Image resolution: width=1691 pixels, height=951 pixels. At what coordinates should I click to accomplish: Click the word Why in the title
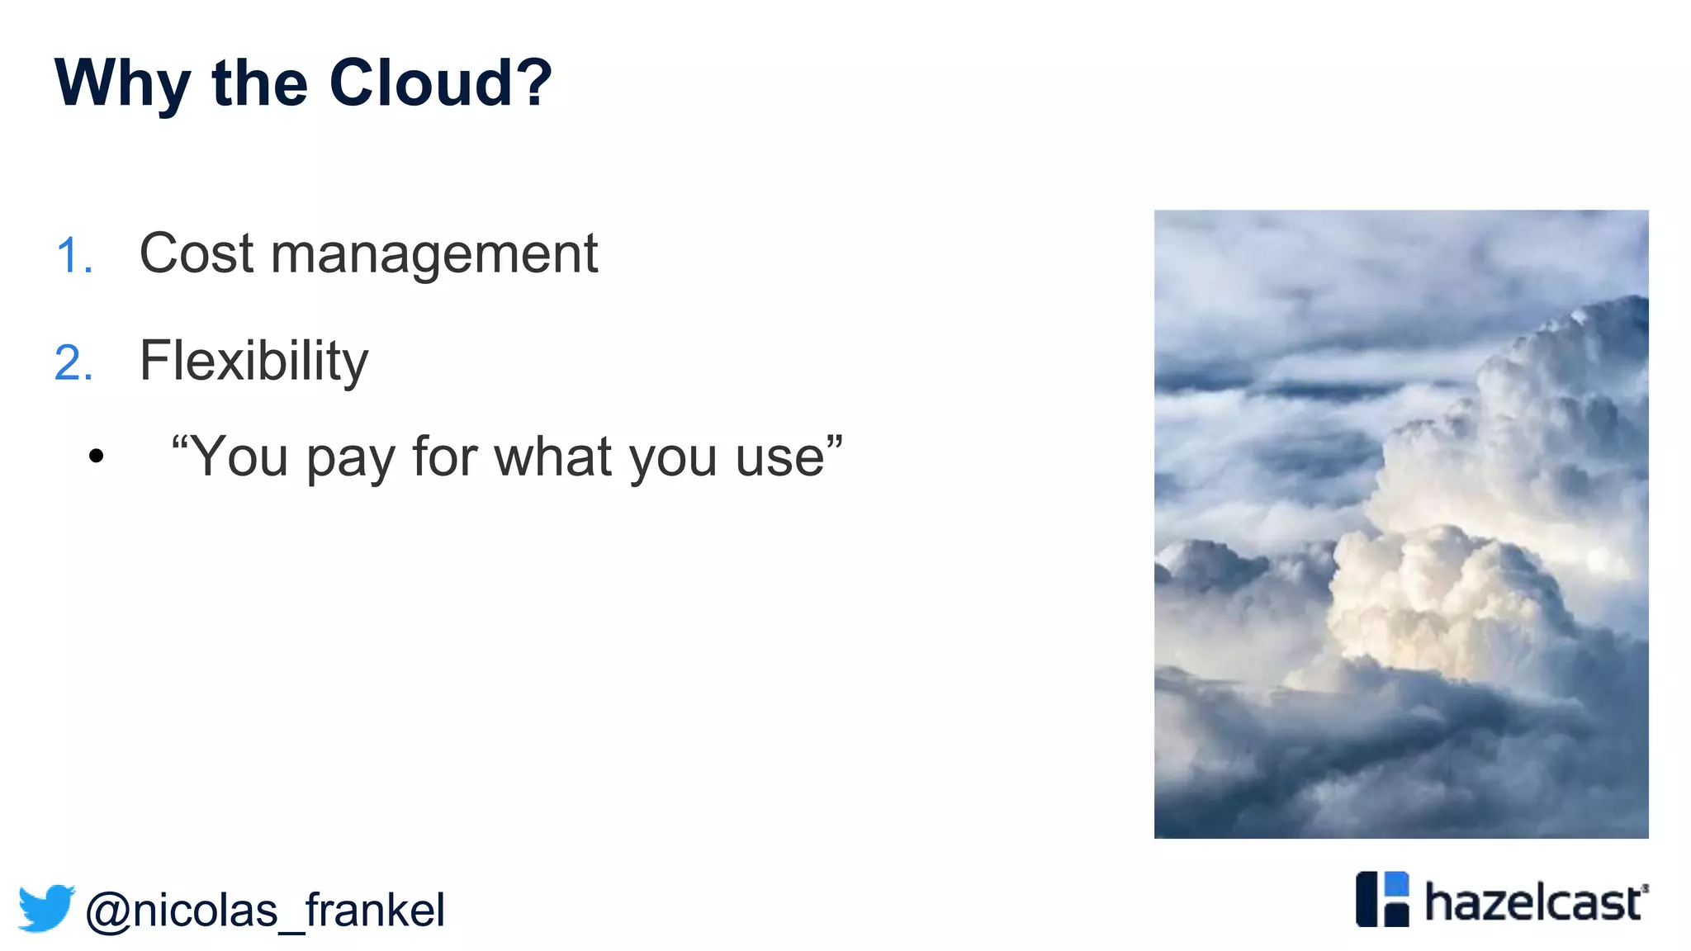pyautogui.click(x=122, y=84)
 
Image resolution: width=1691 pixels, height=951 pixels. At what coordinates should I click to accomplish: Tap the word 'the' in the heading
pyautogui.click(x=260, y=83)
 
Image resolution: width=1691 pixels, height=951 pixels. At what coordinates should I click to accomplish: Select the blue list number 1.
pyautogui.click(x=73, y=255)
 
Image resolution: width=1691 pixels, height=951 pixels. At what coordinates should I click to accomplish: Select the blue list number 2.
pyautogui.click(x=73, y=363)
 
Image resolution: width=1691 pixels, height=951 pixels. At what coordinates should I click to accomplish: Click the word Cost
pyautogui.click(x=197, y=253)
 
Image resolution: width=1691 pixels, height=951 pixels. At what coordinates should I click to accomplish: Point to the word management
pyautogui.click(x=434, y=255)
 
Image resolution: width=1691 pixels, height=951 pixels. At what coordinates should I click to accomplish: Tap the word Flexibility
pyautogui.click(x=253, y=362)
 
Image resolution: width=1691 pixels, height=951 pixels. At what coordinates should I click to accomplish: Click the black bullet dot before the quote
pyautogui.click(x=97, y=456)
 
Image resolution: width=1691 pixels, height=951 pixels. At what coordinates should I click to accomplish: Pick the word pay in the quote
pyautogui.click(x=350, y=458)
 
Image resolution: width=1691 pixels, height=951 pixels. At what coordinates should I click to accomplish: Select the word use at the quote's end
pyautogui.click(x=779, y=458)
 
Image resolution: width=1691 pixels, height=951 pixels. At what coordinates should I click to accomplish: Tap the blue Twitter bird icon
pyautogui.click(x=46, y=908)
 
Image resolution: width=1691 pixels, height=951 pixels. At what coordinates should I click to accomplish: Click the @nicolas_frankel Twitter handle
pyautogui.click(x=264, y=911)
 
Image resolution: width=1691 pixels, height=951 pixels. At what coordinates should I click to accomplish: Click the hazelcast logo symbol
pyautogui.click(x=1382, y=899)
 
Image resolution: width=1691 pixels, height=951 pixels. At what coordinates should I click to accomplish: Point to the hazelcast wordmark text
pyautogui.click(x=1534, y=902)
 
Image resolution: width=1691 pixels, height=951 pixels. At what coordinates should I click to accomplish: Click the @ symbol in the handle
pyautogui.click(x=108, y=912)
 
